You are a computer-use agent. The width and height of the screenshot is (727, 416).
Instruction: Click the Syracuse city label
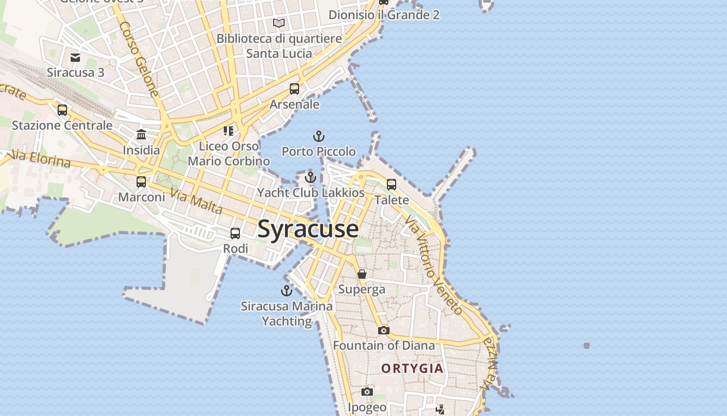click(x=308, y=229)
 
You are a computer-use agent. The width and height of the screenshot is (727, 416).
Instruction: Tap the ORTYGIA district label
click(x=412, y=369)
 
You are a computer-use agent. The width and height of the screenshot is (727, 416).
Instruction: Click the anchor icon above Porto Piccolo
click(x=319, y=137)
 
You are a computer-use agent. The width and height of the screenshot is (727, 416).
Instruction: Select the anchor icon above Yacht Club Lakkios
click(x=311, y=177)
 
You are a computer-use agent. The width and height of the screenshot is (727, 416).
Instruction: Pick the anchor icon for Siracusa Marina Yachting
click(x=287, y=291)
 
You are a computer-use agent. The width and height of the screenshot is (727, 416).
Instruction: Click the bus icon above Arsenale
click(x=294, y=89)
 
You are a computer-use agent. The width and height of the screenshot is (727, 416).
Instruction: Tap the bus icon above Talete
click(x=392, y=185)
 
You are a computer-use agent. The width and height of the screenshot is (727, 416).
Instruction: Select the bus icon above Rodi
click(x=235, y=233)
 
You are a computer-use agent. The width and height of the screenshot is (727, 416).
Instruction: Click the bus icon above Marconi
click(x=141, y=182)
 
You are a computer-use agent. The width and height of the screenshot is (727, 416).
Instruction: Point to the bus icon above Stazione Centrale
click(x=62, y=110)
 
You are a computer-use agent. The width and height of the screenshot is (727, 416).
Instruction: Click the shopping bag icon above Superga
click(x=362, y=274)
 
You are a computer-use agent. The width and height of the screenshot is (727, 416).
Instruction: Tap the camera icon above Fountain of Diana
click(x=383, y=330)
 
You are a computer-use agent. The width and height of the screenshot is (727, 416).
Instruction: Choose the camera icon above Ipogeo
click(x=367, y=392)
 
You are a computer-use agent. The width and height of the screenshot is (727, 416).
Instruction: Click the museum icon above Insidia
click(x=141, y=135)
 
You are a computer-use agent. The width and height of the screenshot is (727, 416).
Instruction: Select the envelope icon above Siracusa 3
click(x=76, y=57)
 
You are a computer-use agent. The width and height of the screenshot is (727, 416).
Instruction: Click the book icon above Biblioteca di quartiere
click(x=279, y=23)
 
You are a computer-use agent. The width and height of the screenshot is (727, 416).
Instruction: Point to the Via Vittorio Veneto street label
click(x=434, y=266)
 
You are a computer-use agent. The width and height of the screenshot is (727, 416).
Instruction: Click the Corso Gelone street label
click(x=139, y=59)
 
